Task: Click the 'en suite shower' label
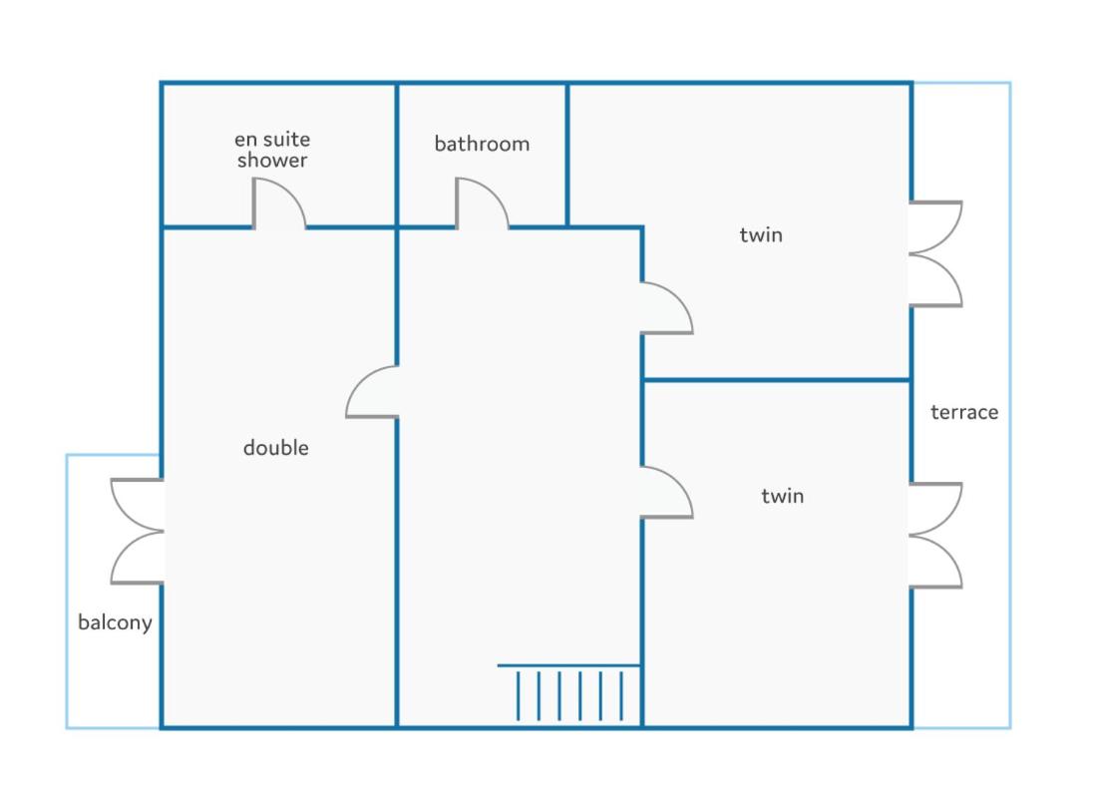click(x=271, y=150)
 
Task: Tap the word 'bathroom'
click(x=482, y=144)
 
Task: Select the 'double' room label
click(x=276, y=448)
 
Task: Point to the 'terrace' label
click(x=964, y=412)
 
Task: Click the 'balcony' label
click(x=115, y=622)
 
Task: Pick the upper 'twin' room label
click(x=761, y=234)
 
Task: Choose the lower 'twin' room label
click(x=782, y=496)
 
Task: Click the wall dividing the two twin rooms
click(x=777, y=381)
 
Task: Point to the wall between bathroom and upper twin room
click(x=567, y=155)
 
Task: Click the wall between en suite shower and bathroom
click(x=397, y=155)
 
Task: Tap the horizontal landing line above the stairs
click(x=569, y=665)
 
